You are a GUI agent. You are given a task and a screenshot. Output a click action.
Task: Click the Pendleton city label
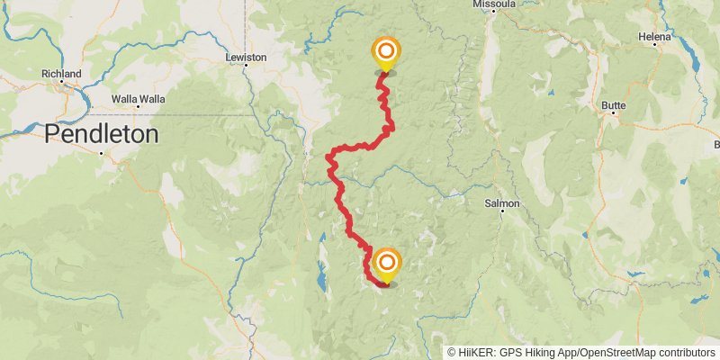(x=101, y=134)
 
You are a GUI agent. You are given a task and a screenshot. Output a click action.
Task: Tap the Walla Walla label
(x=138, y=98)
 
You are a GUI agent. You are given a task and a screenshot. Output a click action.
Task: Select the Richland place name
(x=61, y=74)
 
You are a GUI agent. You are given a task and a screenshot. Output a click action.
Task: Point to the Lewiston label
(x=246, y=58)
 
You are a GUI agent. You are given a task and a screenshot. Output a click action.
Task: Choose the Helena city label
(x=654, y=37)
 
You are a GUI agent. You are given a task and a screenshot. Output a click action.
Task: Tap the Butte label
(x=613, y=105)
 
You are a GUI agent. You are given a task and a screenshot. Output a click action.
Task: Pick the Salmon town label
(x=502, y=203)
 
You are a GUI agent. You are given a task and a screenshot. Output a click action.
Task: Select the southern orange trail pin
(x=387, y=263)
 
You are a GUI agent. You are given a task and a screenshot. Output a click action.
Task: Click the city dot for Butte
(x=613, y=116)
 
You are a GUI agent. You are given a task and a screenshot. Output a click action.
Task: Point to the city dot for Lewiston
(x=246, y=68)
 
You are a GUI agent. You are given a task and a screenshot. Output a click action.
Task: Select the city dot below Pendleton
(x=102, y=152)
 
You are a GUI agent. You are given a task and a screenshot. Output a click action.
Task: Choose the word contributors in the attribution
(x=688, y=353)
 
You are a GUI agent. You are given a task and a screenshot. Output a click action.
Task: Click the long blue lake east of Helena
(x=695, y=59)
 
